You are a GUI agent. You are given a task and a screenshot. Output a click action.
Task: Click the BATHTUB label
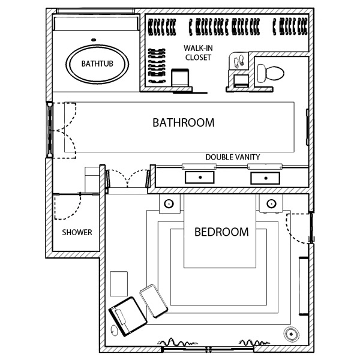pos(97,64)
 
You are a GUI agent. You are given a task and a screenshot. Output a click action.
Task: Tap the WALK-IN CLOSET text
pos(198,53)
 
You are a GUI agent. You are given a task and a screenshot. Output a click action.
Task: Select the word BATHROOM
pos(184,122)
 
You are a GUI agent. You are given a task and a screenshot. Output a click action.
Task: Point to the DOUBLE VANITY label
pos(233,157)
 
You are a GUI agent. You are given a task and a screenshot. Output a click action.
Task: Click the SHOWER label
pos(77,232)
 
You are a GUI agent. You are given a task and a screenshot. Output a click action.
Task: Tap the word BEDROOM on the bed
pos(221,232)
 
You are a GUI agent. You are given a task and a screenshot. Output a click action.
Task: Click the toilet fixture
pos(271,73)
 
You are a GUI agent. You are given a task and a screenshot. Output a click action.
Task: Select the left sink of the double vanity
pos(200,178)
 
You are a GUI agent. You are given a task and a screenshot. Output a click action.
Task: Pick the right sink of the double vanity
pos(265,178)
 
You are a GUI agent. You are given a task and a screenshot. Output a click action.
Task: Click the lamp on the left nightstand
pos(169,203)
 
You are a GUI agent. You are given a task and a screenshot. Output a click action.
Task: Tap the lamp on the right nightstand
pos(271,203)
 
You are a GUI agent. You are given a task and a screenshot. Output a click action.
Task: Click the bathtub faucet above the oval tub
pos(94,40)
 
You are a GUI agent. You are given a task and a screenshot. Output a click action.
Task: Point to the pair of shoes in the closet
pos(239,62)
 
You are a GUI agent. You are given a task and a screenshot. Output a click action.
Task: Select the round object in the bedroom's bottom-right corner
pos(291,334)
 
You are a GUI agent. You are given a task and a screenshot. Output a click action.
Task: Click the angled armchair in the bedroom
pos(128,316)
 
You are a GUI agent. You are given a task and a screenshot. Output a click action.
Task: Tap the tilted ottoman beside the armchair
pos(154,301)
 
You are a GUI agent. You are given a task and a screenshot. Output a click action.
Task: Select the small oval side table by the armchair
pos(113,331)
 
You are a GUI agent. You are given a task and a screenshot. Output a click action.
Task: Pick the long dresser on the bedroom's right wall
pos(303,286)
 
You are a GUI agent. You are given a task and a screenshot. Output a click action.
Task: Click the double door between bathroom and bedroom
pos(128,178)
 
